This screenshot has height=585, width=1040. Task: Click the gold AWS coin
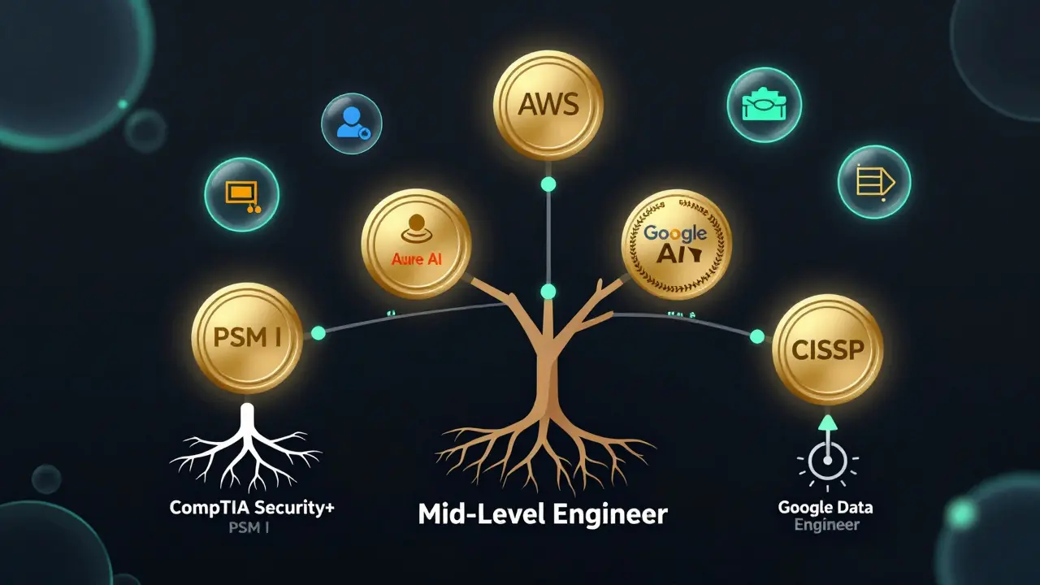coord(548,105)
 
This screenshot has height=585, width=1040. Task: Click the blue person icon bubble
coord(352,123)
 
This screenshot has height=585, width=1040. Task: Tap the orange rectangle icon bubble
coord(241,195)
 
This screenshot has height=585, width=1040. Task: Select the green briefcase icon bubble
coord(764,106)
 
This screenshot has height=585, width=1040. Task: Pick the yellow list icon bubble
coord(873,182)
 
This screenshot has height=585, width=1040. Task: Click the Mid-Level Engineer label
coord(542,514)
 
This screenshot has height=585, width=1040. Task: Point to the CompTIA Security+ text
coord(252,508)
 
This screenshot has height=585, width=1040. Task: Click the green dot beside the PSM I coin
coord(318,333)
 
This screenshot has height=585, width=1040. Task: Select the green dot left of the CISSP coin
coord(757,336)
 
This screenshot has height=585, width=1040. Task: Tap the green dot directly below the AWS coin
coord(548,185)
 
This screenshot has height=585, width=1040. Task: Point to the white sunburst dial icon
coord(827,466)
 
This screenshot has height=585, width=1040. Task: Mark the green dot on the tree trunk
coord(548,291)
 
